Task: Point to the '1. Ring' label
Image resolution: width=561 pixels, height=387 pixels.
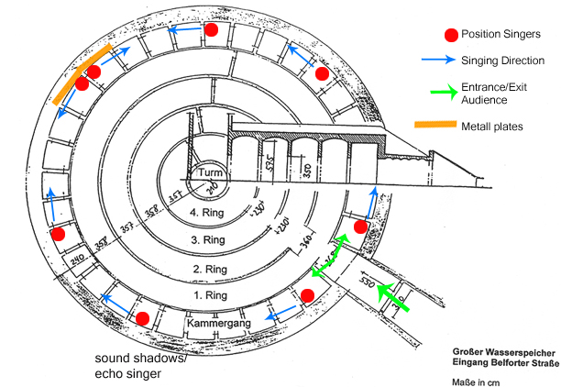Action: (x=212, y=297)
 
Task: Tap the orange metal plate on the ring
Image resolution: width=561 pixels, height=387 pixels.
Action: (x=82, y=72)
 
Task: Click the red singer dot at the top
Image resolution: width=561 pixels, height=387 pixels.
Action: (x=211, y=29)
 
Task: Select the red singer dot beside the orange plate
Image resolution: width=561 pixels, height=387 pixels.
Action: (x=82, y=83)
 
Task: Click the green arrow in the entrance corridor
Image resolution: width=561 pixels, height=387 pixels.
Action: (x=395, y=296)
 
